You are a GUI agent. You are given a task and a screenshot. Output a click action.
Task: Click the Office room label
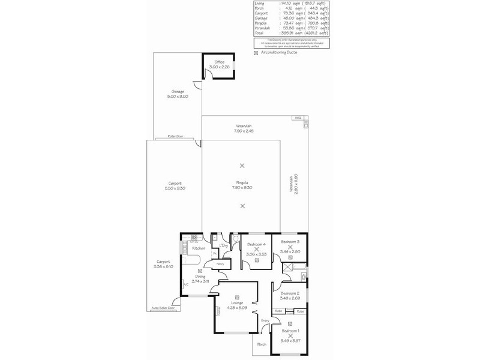tap(220, 62)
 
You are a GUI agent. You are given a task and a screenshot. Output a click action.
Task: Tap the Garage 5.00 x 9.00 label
tap(178, 92)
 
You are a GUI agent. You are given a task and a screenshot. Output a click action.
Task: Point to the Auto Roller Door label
tap(163, 308)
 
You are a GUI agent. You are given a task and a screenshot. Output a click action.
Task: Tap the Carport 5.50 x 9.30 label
tap(175, 183)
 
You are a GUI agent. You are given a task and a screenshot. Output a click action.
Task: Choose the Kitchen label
tap(199, 248)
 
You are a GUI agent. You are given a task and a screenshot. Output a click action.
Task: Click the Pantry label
tap(220, 263)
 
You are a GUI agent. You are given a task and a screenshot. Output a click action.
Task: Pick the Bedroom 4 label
tap(256, 244)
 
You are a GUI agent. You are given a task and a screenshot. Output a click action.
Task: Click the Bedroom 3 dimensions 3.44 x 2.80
tap(290, 251)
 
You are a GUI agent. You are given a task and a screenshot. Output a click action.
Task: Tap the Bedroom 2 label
tap(290, 293)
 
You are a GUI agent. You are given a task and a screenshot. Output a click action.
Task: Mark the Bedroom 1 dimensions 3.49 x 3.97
tap(290, 341)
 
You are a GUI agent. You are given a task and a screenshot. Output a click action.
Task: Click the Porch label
tap(262, 344)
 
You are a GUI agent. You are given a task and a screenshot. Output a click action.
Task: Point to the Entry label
tap(265, 320)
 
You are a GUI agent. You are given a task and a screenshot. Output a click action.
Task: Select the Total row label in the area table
tap(259, 33)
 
